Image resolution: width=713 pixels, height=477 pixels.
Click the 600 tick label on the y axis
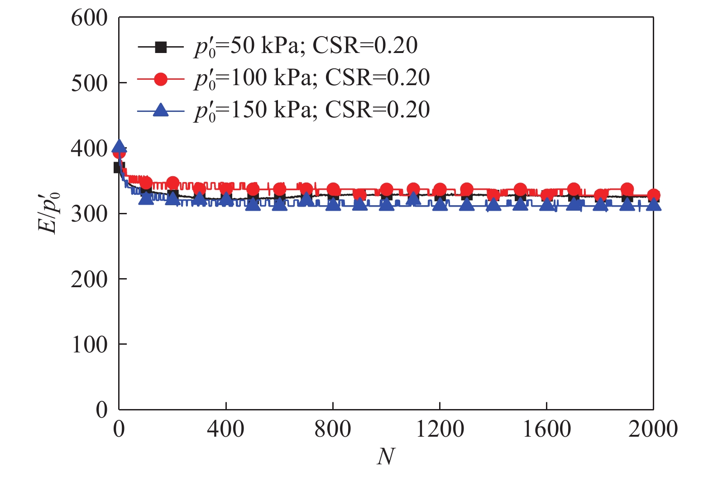point(89,19)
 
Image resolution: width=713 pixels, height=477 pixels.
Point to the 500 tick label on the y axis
point(89,84)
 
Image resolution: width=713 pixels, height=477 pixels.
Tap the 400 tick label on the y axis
point(89,149)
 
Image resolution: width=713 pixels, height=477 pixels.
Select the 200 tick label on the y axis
point(89,279)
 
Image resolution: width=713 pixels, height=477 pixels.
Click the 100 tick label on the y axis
point(89,345)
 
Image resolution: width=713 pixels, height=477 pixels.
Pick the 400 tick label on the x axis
point(225,429)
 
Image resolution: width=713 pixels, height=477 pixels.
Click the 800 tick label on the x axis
point(333,429)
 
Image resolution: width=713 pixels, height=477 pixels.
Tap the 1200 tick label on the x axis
point(440,429)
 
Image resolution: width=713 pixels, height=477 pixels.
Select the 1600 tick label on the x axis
point(546,429)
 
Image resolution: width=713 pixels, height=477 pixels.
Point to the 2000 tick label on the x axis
point(653,429)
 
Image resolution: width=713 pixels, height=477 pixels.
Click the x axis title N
point(386,457)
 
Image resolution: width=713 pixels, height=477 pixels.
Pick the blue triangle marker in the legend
point(161,110)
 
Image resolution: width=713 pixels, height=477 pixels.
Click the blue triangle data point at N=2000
point(653,205)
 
